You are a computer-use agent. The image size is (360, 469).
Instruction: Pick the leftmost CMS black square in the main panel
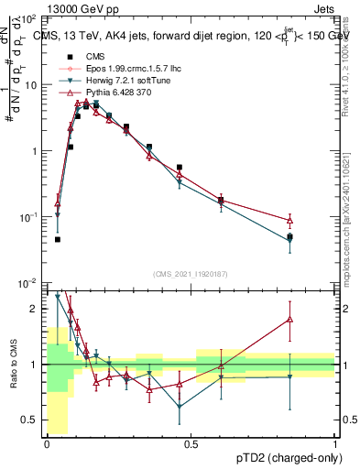57,239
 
